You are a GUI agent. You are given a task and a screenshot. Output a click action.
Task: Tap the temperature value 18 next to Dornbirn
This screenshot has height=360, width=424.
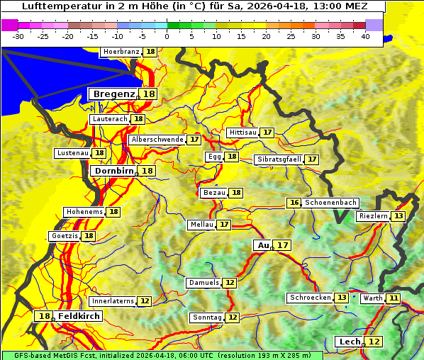point(147,171)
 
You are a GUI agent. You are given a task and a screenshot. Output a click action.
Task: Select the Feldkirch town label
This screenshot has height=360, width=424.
point(78,316)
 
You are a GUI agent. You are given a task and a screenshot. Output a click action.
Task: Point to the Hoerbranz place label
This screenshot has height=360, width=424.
point(121,52)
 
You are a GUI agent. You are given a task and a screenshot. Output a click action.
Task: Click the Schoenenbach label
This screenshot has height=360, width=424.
point(330,203)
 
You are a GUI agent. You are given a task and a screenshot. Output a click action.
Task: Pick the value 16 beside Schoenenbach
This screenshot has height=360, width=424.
point(294,203)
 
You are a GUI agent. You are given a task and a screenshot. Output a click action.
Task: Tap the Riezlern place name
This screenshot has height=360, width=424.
point(374,216)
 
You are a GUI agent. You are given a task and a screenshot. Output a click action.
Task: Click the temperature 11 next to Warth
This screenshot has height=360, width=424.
point(394,298)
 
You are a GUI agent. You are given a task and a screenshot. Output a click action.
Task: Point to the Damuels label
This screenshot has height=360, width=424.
point(203,283)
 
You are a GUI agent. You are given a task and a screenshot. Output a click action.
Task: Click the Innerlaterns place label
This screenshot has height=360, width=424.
point(113,301)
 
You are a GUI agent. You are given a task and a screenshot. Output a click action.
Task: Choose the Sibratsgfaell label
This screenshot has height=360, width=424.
point(279,159)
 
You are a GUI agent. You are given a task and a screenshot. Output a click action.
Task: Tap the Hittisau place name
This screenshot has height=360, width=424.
point(242,133)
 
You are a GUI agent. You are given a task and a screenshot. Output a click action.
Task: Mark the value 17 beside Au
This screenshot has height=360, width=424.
point(283,245)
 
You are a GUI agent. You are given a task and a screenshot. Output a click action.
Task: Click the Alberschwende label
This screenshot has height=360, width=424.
point(157,140)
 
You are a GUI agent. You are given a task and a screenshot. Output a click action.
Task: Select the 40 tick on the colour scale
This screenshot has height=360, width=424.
point(365,35)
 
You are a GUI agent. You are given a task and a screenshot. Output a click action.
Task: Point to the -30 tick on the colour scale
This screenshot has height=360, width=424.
point(18,35)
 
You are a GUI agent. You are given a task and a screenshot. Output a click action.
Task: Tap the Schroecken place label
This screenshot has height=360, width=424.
point(311,298)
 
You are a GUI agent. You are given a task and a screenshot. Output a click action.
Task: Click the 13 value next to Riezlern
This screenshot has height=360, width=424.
point(399,216)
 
